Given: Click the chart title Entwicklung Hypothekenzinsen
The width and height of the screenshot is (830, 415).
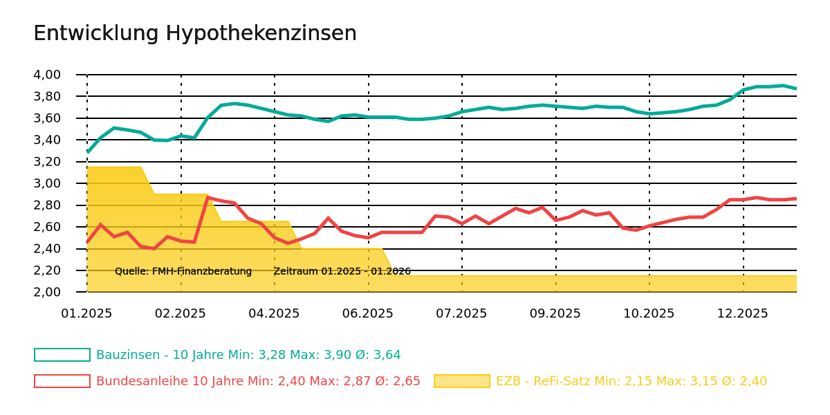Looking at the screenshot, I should click(x=195, y=34).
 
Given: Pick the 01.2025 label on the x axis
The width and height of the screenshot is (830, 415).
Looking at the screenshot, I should click(x=86, y=313).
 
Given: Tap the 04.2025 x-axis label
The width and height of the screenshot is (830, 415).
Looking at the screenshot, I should click(x=274, y=313).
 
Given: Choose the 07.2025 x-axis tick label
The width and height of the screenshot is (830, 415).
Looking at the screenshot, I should click(x=461, y=313).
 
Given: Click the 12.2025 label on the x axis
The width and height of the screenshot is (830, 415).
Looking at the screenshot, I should click(x=743, y=313).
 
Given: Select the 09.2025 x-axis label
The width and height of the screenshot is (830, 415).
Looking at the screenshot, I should click(x=555, y=313).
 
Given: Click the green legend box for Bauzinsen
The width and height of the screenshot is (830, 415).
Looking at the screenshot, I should click(x=62, y=355).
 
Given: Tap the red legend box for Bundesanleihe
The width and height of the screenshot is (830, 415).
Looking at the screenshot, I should click(x=62, y=381).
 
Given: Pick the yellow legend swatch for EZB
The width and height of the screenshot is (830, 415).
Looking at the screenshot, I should click(x=462, y=381).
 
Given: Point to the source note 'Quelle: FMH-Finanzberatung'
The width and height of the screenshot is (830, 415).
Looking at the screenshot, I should click(x=183, y=271).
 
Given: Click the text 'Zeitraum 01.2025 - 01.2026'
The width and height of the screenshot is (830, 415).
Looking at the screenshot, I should click(x=342, y=271).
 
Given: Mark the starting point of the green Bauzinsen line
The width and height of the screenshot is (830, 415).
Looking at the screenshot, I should click(x=87, y=152).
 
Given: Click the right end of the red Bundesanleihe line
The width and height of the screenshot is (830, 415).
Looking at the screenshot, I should click(x=796, y=199).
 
